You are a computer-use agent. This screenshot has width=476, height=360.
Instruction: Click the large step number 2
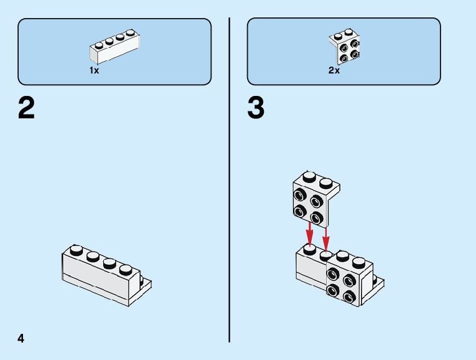coord(27,108)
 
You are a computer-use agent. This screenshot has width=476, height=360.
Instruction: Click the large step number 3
coord(256,108)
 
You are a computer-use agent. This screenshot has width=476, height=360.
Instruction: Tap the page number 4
coord(21,338)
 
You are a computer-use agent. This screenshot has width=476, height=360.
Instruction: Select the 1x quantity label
coord(94,70)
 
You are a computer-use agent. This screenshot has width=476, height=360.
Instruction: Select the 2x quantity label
coord(334,70)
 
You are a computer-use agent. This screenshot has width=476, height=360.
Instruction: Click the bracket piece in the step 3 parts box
coord(345,47)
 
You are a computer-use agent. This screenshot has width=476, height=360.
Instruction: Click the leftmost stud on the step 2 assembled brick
coord(76,250)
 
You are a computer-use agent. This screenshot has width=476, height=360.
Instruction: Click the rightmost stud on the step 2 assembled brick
coord(126,270)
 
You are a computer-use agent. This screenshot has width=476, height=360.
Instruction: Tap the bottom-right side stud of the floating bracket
coord(317,218)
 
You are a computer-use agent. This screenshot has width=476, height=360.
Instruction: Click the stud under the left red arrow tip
coord(309,249)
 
